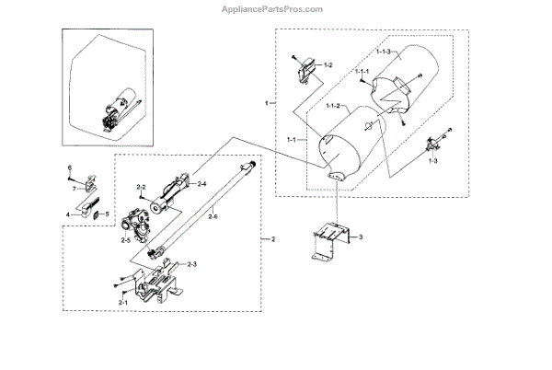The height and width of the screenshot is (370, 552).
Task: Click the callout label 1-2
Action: coord(328,65)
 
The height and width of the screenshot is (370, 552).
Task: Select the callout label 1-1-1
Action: coord(363,72)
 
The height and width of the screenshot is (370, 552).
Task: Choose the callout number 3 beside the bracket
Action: coord(362,237)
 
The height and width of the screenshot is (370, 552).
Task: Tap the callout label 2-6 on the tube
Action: coord(213,216)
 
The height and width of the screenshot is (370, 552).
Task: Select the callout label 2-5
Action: coord(125,240)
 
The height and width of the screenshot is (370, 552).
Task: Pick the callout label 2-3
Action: coord(193,265)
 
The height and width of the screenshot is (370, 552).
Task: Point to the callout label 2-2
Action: coord(142,188)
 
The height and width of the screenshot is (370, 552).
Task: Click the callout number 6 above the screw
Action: coord(69,167)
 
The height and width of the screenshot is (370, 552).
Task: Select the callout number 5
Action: coord(107,214)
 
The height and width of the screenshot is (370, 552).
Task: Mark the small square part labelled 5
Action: coord(95,214)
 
